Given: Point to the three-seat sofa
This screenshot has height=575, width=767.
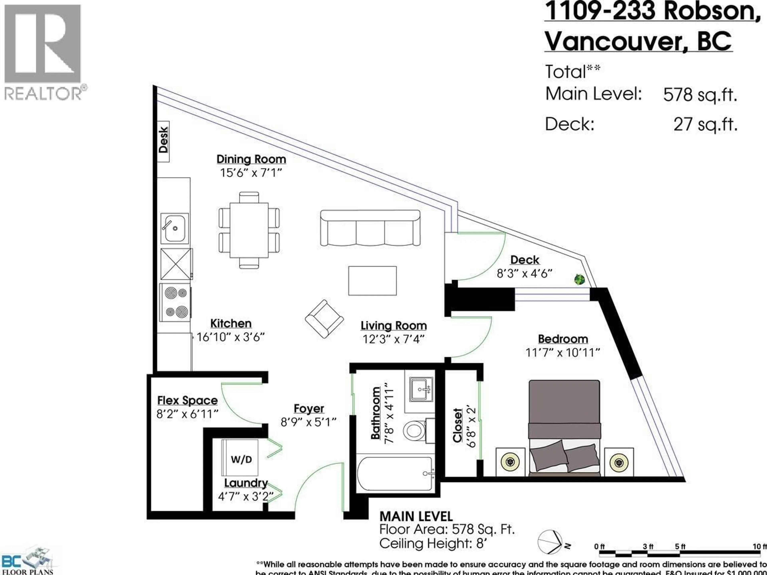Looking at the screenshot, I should pyautogui.click(x=370, y=228).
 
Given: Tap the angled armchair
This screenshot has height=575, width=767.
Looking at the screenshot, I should pyautogui.click(x=324, y=319).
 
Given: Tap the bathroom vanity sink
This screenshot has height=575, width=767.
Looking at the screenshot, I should pyautogui.click(x=421, y=390).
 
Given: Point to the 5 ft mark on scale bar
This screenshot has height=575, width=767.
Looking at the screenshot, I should pyautogui.click(x=680, y=547).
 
